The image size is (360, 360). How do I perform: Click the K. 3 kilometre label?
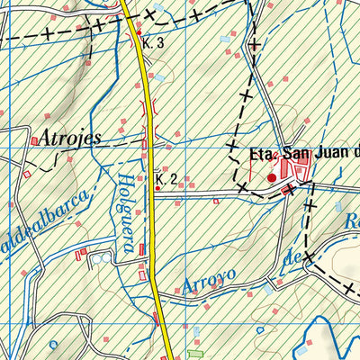tap(155, 42)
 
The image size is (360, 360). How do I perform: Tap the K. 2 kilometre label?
tap(165, 180)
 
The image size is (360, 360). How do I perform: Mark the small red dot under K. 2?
tap(158, 189)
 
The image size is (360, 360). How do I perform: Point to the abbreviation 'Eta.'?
tap(265, 154)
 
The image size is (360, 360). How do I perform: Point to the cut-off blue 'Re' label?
tap(352, 221)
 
